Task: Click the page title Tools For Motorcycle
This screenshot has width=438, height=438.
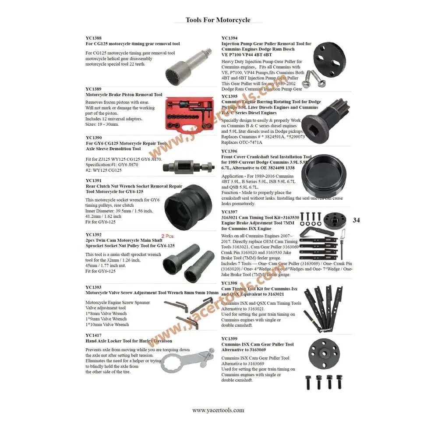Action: click(218, 20)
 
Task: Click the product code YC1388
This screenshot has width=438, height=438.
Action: click(93, 38)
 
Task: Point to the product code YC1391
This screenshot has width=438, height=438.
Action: click(93, 180)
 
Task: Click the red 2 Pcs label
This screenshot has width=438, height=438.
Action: click(168, 236)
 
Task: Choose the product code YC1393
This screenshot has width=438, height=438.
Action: click(93, 287)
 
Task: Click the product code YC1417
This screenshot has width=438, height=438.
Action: click(93, 335)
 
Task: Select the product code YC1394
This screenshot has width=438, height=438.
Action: click(230, 38)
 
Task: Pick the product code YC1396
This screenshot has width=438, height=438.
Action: click(230, 151)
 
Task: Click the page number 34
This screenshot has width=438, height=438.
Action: click(356, 220)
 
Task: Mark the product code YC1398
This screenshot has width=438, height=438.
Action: click(230, 283)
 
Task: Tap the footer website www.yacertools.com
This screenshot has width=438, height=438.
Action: click(218, 410)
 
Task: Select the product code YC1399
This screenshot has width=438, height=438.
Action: click(230, 339)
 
